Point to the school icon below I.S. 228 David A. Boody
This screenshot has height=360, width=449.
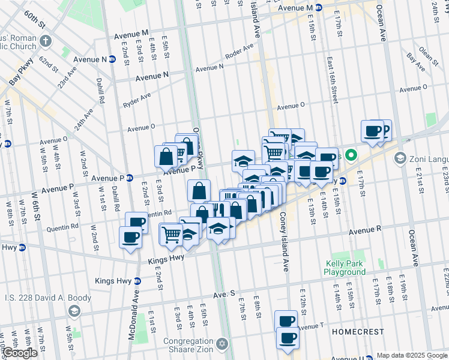[x=74, y=311]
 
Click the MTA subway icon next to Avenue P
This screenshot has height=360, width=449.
[x=129, y=178]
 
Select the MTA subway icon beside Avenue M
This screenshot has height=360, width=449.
[x=319, y=8]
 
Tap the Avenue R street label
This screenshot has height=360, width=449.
[x=366, y=229]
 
